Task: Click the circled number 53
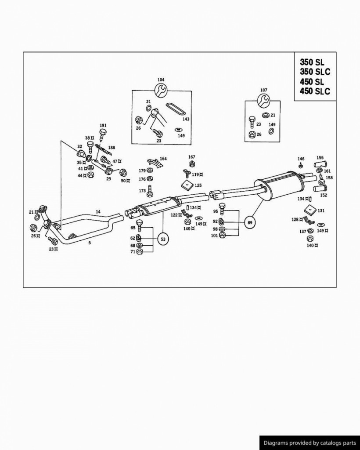[x=163, y=239]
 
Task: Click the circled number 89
[x=250, y=223]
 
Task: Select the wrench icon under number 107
[x=263, y=101]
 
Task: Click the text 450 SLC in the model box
[x=315, y=91]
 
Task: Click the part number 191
[x=103, y=125]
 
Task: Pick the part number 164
[x=163, y=159]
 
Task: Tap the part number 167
[x=191, y=157]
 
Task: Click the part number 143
[x=186, y=119]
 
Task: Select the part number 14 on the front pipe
[x=98, y=212]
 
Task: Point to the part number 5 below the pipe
[x=90, y=242]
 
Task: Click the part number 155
[x=320, y=157]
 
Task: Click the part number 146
[x=301, y=159]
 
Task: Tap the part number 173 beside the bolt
[x=142, y=191]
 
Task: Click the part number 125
[x=198, y=185]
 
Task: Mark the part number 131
[x=321, y=210]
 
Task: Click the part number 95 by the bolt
[x=216, y=211]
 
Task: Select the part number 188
[x=112, y=148]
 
